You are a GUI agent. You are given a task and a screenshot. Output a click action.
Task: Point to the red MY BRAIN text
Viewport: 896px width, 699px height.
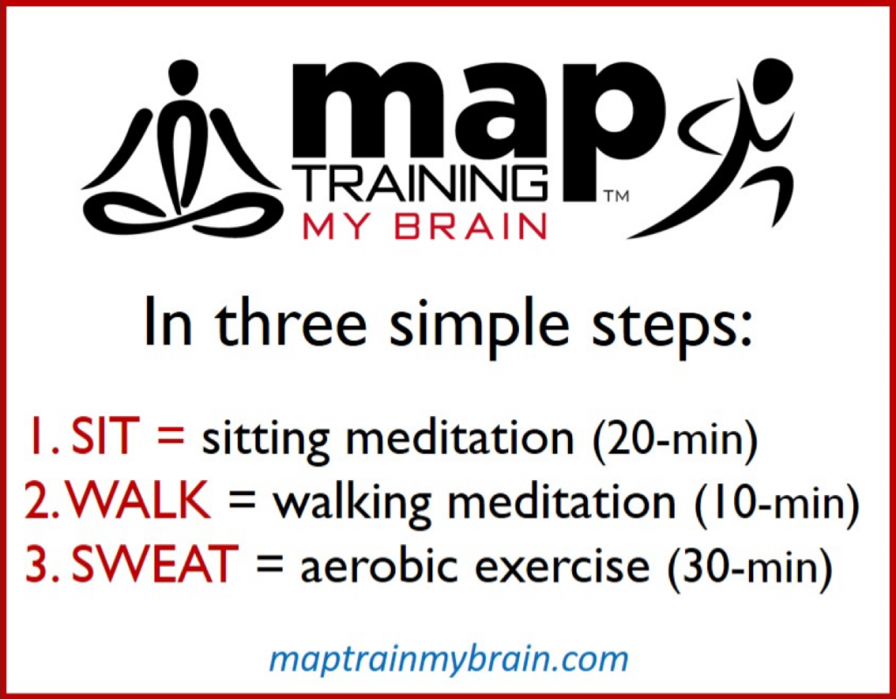[424, 225]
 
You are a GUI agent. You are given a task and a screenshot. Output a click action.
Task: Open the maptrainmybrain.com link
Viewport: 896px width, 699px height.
[448, 659]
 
